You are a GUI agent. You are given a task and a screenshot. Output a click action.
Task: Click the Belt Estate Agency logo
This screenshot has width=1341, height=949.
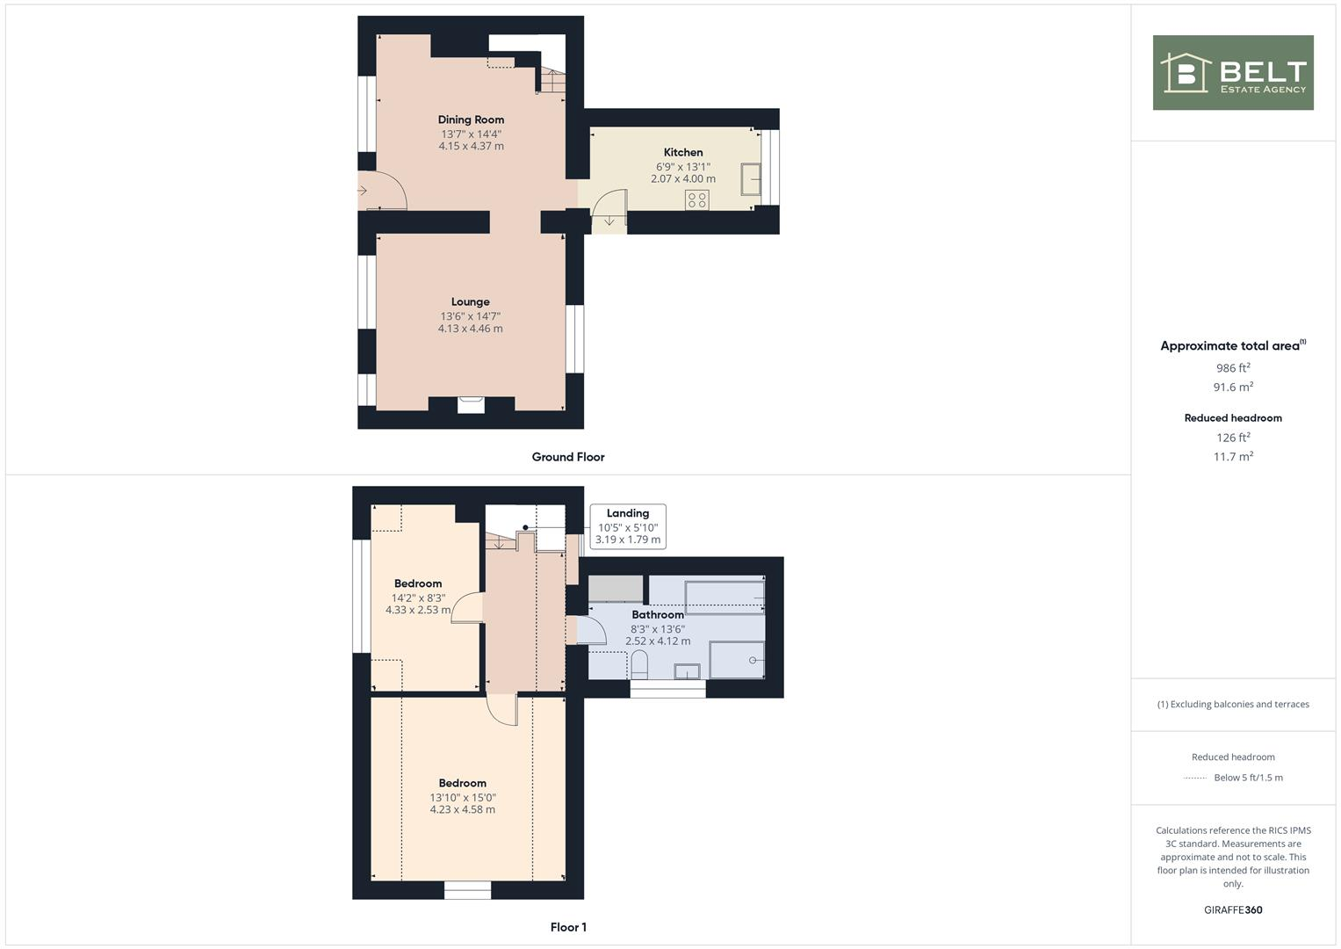tap(1232, 72)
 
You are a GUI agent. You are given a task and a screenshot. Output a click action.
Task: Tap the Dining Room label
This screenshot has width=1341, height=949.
tap(471, 120)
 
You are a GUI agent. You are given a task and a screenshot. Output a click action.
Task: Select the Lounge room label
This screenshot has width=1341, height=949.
tap(471, 301)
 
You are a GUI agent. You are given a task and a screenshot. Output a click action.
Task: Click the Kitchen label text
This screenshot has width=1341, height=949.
tap(682, 152)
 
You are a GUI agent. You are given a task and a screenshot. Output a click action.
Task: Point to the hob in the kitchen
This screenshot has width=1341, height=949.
tap(697, 200)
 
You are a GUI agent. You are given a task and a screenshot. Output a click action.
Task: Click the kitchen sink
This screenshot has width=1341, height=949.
tap(751, 179)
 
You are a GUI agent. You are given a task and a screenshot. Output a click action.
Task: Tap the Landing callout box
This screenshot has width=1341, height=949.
tap(628, 526)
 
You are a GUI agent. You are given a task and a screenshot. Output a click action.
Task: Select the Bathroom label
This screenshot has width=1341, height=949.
tap(657, 615)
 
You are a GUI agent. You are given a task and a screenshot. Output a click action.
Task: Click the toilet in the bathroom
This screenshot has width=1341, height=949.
tap(639, 665)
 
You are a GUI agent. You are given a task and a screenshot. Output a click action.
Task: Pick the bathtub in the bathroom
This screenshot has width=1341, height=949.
tap(724, 595)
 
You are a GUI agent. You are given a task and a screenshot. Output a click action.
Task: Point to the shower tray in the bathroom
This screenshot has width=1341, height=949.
tap(736, 660)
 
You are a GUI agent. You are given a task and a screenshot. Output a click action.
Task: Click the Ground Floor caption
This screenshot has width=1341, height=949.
tap(568, 457)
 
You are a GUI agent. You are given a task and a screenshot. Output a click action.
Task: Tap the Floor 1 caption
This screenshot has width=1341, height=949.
tap(568, 927)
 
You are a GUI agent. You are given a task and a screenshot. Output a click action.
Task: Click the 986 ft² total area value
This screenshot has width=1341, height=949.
tap(1233, 368)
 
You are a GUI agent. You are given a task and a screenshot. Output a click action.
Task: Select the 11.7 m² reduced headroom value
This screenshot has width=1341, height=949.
tap(1233, 457)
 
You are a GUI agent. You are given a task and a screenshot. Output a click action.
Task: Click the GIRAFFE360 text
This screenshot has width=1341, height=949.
tap(1233, 910)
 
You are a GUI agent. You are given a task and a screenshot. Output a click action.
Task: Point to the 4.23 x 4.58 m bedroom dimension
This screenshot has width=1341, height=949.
tap(463, 810)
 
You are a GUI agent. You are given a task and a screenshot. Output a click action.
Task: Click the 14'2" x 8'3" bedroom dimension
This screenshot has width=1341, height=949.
tap(418, 598)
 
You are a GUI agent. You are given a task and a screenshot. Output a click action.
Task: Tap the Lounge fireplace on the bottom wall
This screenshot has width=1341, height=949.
tap(471, 404)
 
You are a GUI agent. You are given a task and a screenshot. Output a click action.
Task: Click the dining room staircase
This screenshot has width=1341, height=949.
tap(551, 82)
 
